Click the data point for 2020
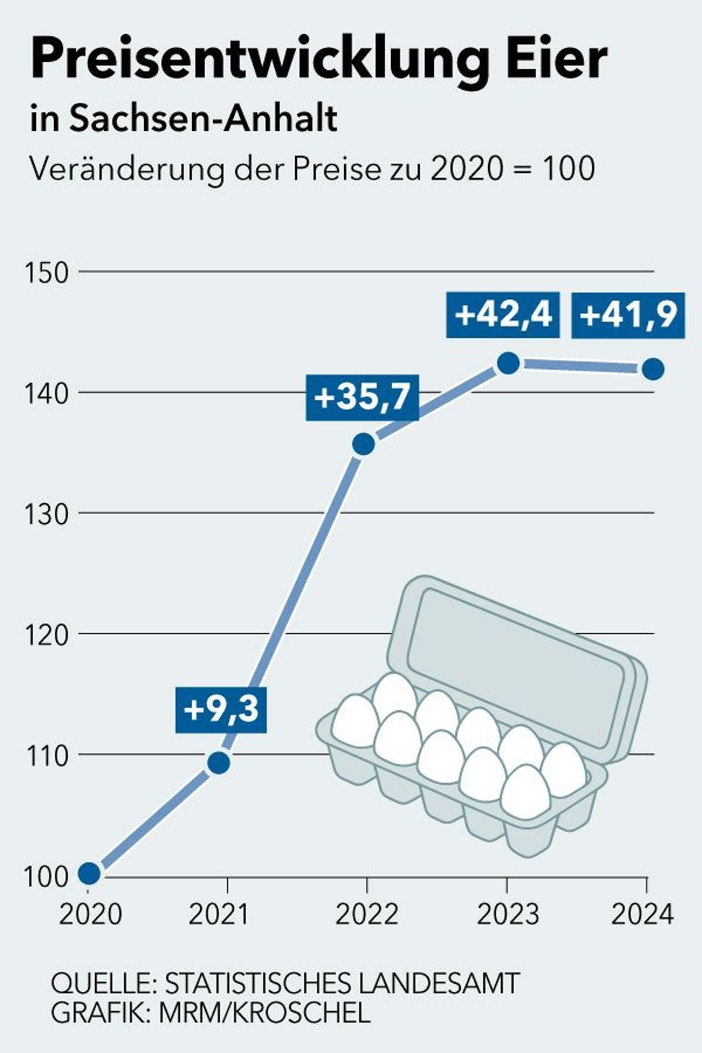[89, 873]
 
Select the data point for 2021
[219, 762]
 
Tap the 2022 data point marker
[363, 444]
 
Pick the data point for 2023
[508, 363]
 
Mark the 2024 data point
[653, 369]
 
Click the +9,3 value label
[221, 709]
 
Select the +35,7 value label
[362, 397]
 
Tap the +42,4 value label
[503, 315]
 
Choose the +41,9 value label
[628, 315]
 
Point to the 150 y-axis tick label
[47, 273]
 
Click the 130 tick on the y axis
[47, 514]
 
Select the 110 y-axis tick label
[47, 756]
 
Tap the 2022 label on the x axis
[367, 915]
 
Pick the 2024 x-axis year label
[643, 915]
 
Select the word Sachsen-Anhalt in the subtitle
[204, 119]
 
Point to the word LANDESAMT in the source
[439, 984]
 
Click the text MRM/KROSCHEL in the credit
[265, 1013]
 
